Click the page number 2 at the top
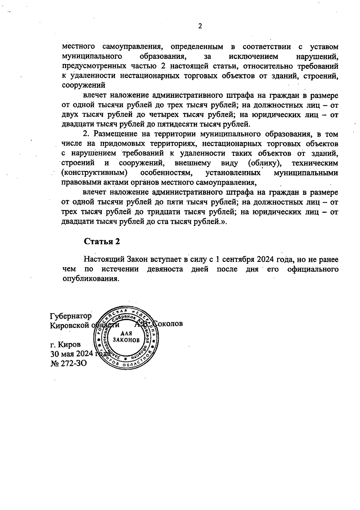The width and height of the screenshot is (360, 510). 200,26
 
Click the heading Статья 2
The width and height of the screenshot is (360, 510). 102,242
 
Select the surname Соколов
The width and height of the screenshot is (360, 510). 168,324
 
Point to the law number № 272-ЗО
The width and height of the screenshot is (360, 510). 69,363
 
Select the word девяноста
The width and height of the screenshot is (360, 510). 165,269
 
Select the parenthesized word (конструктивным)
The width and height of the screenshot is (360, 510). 94,173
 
